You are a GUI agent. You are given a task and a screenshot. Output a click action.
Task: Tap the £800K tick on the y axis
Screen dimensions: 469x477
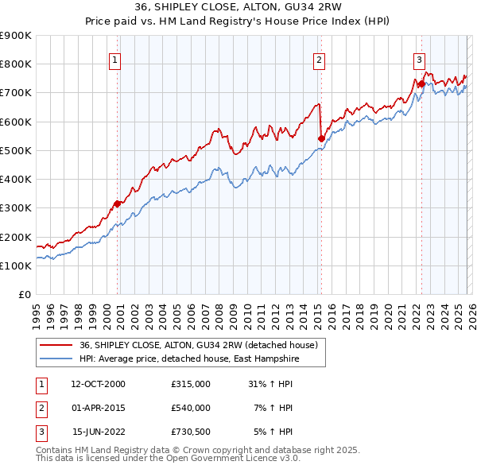pos(16,64)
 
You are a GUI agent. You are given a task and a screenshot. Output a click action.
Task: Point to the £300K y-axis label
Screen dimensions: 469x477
pos(16,208)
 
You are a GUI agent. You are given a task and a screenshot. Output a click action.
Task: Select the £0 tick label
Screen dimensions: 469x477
pos(24,294)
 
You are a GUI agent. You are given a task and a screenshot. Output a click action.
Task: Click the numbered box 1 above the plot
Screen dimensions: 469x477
pos(115,58)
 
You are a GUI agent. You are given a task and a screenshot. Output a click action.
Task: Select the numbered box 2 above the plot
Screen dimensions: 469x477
pos(319,58)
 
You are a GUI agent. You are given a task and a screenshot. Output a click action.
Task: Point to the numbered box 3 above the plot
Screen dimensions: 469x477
pos(419,58)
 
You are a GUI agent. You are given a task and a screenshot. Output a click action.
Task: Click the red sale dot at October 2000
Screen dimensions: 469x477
pos(117,203)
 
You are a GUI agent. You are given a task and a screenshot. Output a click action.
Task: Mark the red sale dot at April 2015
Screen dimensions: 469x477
pos(321,138)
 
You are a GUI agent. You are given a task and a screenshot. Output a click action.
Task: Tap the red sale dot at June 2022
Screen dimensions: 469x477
pos(421,83)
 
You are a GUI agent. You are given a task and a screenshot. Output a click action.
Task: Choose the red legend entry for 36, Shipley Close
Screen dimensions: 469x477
pos(199,345)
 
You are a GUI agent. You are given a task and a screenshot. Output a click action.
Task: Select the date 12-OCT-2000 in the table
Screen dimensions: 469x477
pos(98,384)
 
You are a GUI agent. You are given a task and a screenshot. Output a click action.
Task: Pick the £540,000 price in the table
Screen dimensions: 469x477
pos(190,408)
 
